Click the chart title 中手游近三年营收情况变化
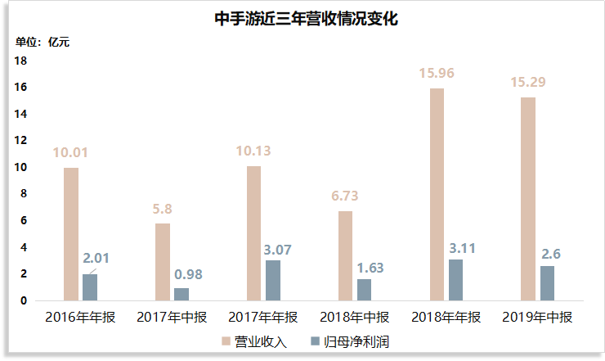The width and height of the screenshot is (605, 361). coord(306,19)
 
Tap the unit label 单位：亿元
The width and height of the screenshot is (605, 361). coord(43,42)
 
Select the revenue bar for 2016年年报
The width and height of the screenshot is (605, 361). coord(71,234)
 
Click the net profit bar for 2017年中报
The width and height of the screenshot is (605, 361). coord(181,294)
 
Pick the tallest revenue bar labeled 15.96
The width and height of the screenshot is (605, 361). coord(437,194)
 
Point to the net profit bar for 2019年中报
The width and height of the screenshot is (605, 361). coord(547,283)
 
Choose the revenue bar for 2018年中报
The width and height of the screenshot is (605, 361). coord(345,256)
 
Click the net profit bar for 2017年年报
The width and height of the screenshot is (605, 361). coord(273,280)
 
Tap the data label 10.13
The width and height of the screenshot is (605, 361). coord(253,151)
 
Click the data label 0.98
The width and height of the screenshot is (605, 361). coord(188,274)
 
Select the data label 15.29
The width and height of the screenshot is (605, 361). coord(528,82)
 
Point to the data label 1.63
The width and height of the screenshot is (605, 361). coord(370,268)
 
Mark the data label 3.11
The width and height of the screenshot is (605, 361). coord(462,248)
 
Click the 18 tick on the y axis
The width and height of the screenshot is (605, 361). coord(20,61)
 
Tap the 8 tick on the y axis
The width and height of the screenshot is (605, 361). coord(24,194)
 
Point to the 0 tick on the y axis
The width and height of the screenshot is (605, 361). coord(24,300)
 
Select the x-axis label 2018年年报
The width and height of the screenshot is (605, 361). coord(446,317)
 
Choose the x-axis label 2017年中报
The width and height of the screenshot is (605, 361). coord(172,317)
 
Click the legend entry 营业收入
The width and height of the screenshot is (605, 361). coord(254,341)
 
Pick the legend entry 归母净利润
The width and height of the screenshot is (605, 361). coord(350,341)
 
